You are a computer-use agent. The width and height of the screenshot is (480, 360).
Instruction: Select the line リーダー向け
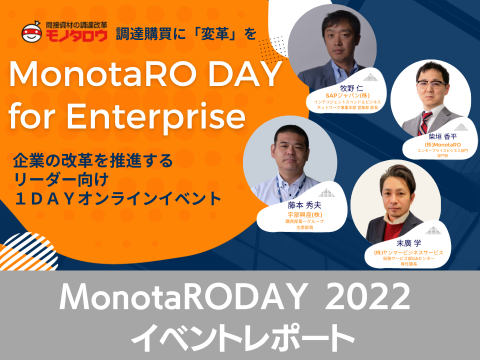pyautogui.click(x=61, y=180)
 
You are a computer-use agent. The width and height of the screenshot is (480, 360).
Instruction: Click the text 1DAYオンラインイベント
pyautogui.click(x=118, y=199)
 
